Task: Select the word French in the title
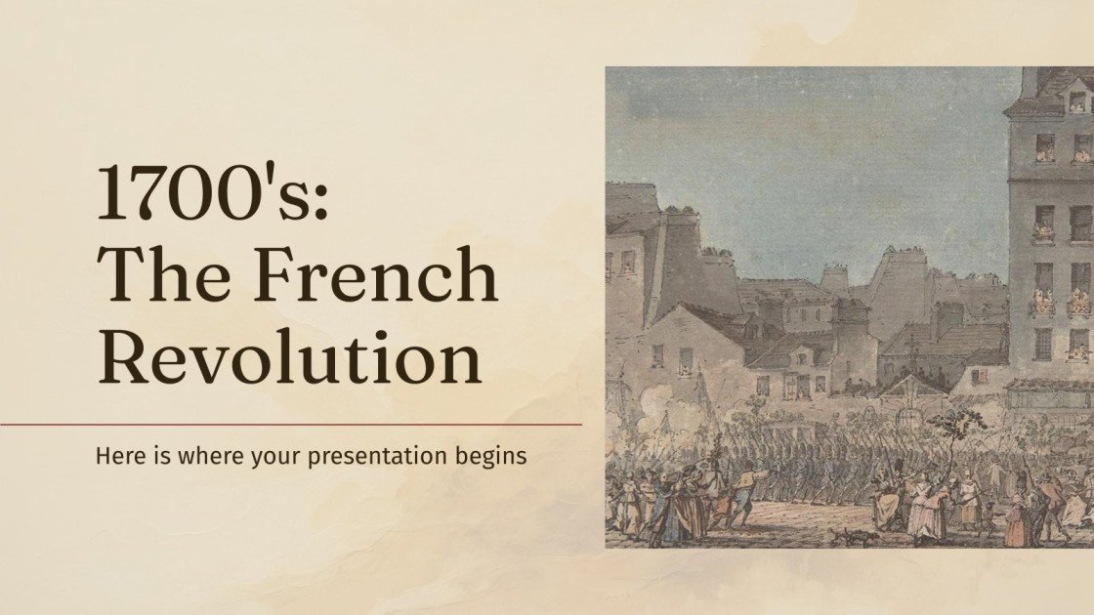tap(377, 275)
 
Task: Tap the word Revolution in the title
tap(289, 357)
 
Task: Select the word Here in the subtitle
tap(116, 455)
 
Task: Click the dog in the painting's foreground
tap(841, 535)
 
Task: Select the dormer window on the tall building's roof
tap(1076, 101)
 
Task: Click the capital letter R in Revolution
tap(124, 357)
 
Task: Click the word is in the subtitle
tap(147, 455)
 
